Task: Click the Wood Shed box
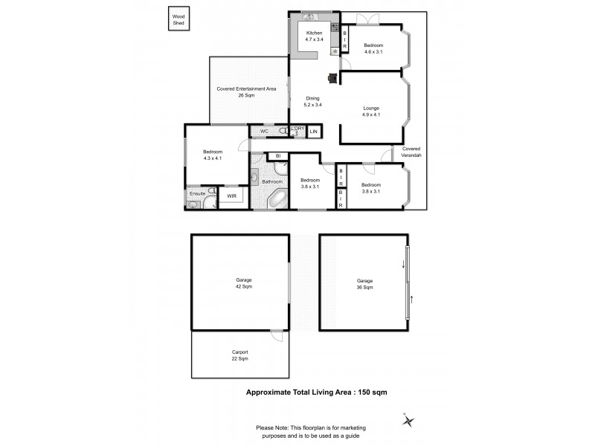179,19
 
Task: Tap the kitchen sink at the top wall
309,16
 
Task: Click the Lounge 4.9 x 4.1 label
370,111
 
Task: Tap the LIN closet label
314,132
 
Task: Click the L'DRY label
297,129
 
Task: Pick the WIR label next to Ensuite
231,196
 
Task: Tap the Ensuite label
197,193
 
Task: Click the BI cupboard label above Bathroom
277,156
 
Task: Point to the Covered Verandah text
411,152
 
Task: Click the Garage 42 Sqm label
239,283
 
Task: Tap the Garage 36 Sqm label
364,283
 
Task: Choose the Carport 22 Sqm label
239,355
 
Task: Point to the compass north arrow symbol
408,421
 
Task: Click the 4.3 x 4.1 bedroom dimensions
213,158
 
